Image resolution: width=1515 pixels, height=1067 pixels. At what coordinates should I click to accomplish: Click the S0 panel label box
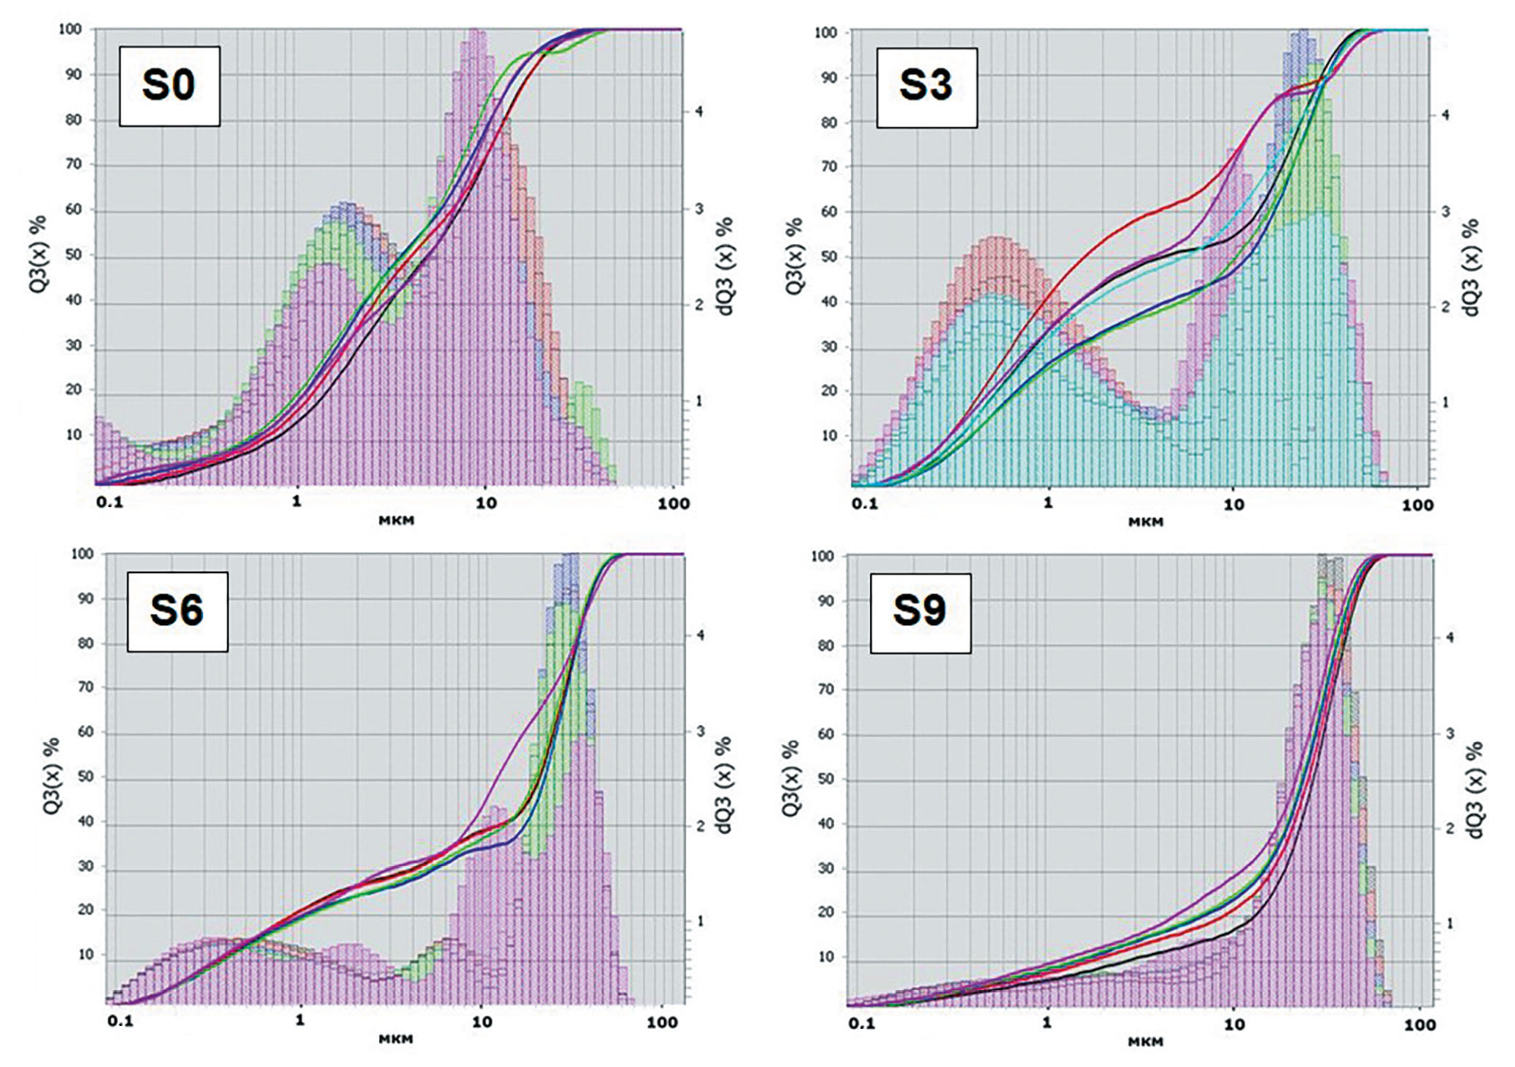[x=169, y=86]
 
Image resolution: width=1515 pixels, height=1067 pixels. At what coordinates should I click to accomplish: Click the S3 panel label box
[x=926, y=87]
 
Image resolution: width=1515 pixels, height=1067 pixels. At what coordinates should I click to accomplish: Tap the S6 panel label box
[x=177, y=611]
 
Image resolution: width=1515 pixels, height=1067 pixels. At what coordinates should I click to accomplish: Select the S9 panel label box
[x=921, y=613]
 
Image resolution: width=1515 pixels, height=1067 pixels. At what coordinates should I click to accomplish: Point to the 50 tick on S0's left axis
[x=73, y=255]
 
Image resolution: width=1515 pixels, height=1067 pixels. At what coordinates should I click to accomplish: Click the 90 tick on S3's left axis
[x=828, y=78]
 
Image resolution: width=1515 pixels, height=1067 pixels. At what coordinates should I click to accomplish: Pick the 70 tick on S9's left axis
[x=825, y=690]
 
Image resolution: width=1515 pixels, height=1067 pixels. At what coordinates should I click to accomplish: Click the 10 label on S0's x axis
[x=485, y=503]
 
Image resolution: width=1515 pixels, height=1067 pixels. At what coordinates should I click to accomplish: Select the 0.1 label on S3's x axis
[x=864, y=504]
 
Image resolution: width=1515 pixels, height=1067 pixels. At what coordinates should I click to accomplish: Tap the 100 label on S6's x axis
[x=662, y=1022]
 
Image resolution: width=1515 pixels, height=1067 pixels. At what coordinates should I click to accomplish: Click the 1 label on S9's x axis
[x=1047, y=1022]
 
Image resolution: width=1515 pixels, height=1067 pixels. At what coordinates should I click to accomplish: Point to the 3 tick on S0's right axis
[x=698, y=209]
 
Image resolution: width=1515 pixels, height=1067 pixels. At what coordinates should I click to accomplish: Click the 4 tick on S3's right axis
[x=1445, y=115]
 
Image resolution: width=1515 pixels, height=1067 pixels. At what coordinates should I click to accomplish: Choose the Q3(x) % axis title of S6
[x=51, y=776]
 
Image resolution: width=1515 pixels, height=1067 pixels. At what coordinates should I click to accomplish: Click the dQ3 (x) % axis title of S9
[x=1474, y=789]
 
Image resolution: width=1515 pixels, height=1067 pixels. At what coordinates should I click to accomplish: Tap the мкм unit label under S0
[x=397, y=520]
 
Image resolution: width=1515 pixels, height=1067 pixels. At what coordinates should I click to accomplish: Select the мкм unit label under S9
[x=1146, y=1041]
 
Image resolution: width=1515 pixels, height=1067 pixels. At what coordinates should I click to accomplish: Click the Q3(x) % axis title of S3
[x=794, y=256]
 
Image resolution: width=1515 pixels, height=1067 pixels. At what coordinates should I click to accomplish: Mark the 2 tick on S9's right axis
[x=1449, y=828]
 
